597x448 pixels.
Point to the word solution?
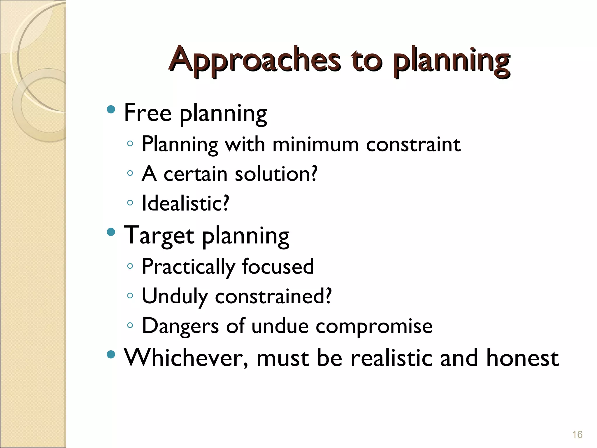pyautogui.click(x=276, y=174)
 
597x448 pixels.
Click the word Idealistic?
pyautogui.click(x=185, y=203)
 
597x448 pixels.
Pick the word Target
pyautogui.click(x=159, y=235)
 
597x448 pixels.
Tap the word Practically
pyautogui.click(x=188, y=267)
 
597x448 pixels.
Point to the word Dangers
pyautogui.click(x=180, y=326)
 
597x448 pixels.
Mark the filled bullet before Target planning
pyautogui.click(x=111, y=232)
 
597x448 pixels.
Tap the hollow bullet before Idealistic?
pyautogui.click(x=130, y=202)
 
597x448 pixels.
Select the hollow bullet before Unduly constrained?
pyautogui.click(x=130, y=295)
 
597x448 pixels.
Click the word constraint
pyautogui.click(x=413, y=144)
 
